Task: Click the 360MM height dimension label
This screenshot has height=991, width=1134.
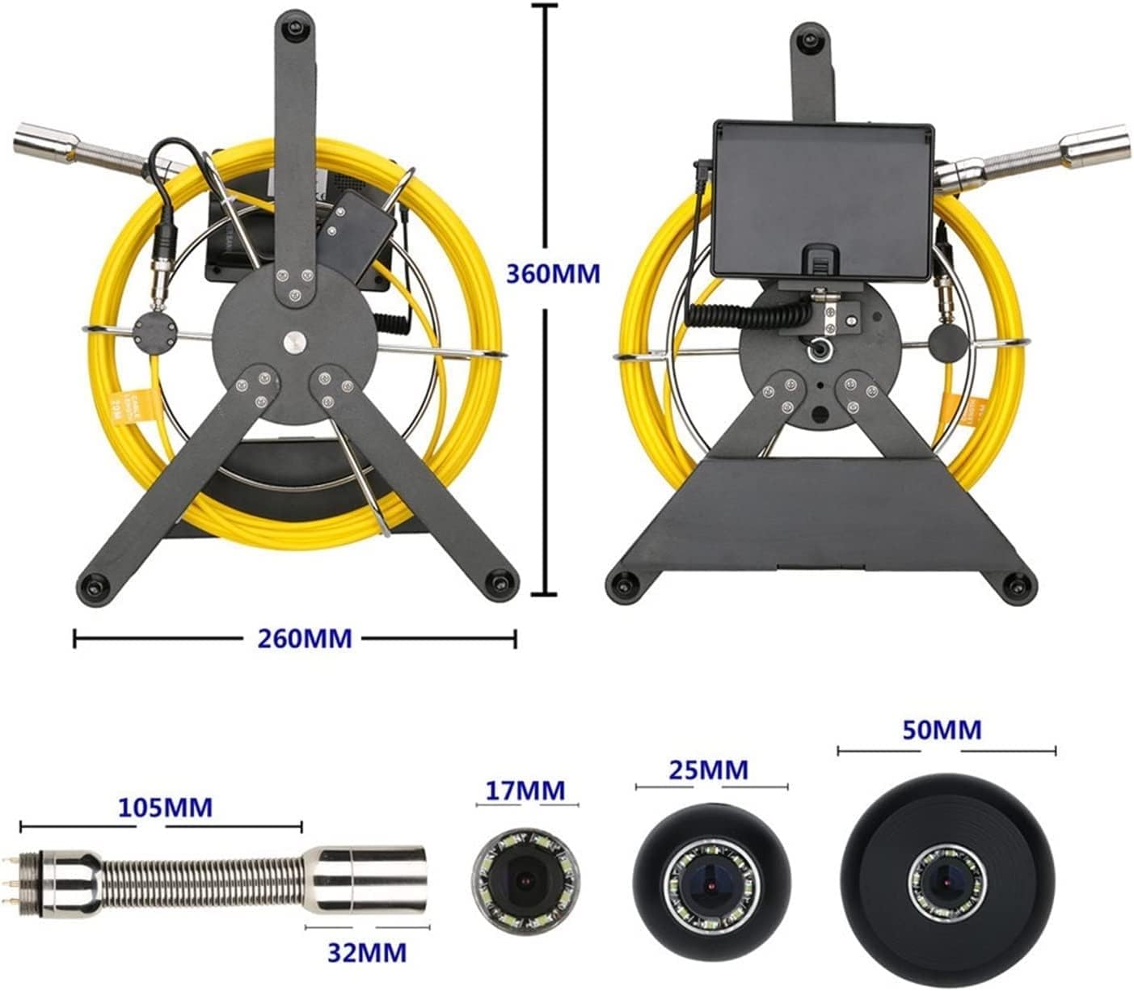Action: pos(553,274)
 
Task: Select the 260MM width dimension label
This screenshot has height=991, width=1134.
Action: pos(305,639)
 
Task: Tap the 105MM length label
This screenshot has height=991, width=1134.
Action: pos(165,807)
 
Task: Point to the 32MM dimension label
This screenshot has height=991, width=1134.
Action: pos(366,952)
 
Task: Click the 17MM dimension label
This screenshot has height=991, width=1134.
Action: pos(525,790)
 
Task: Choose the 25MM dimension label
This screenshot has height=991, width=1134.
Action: pos(708,770)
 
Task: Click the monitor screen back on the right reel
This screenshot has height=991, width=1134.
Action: pos(823,197)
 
